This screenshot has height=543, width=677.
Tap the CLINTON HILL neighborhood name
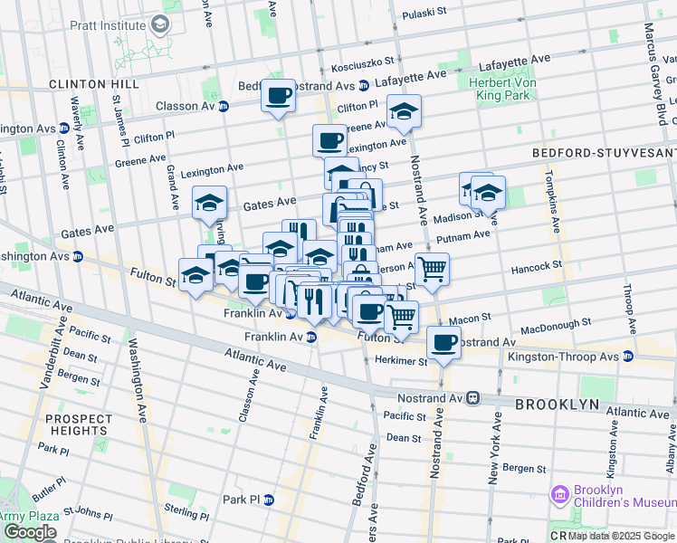(x=94, y=83)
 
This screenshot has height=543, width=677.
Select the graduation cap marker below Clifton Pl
(x=404, y=111)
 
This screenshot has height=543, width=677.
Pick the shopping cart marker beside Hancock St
(x=432, y=269)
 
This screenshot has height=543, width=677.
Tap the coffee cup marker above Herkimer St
(x=443, y=343)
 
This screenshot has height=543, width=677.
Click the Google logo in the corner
(x=29, y=532)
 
